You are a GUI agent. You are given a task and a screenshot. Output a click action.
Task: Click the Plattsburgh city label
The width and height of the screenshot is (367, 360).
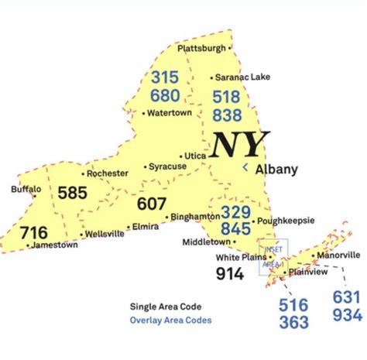tap(201, 48)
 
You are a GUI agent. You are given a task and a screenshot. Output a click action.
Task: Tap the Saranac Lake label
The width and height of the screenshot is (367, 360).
tap(242, 77)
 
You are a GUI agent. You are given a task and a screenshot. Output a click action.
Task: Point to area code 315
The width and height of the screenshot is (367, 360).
tap(166, 77)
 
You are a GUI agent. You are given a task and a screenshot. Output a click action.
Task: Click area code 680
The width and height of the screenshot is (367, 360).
tap(166, 96)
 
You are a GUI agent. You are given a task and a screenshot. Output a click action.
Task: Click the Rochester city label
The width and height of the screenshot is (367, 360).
tap(108, 173)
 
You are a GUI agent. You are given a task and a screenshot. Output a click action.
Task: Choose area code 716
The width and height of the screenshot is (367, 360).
tap(33, 232)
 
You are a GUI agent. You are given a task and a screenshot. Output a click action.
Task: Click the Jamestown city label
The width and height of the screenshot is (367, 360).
tap(55, 245)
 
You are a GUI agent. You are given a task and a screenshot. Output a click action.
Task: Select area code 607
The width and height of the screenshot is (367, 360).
tap(152, 204)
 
